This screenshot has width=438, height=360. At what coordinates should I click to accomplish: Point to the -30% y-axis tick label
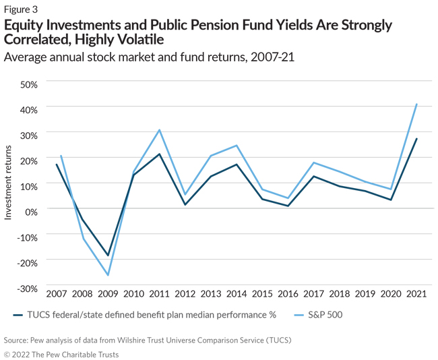tap(27, 288)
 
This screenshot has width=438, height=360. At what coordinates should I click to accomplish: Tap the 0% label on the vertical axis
tap(31, 211)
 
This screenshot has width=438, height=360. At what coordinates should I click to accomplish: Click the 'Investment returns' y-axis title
tap(9, 184)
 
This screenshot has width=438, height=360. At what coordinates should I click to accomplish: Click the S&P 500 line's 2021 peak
tap(417, 104)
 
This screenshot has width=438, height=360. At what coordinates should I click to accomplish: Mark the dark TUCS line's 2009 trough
tap(108, 256)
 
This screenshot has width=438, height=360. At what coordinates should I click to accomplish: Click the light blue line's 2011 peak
tap(160, 130)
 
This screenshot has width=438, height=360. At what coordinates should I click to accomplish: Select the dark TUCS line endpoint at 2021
tap(417, 139)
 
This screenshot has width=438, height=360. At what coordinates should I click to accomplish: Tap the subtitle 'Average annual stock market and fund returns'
tap(128, 57)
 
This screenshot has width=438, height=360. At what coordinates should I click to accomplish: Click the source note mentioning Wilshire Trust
tap(146, 341)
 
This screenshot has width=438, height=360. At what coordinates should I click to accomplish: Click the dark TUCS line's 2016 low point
tap(288, 206)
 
